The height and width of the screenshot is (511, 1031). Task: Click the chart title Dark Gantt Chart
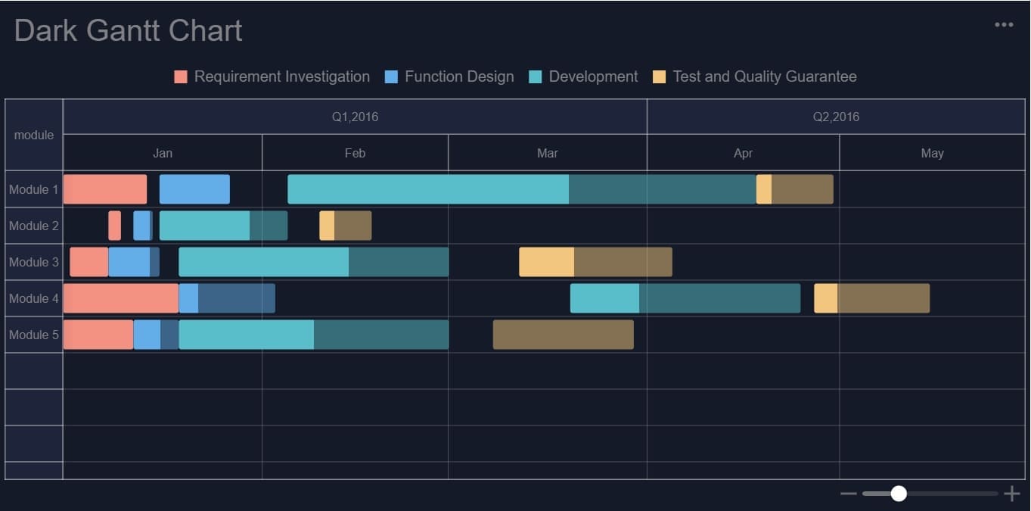tap(128, 31)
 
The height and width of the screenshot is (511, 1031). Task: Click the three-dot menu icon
tap(1004, 25)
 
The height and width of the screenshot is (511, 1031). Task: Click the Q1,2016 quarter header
tap(355, 117)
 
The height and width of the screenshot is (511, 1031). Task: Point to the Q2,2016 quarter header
tap(836, 117)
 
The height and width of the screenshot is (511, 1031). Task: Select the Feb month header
tap(355, 153)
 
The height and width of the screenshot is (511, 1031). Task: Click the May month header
tap(932, 153)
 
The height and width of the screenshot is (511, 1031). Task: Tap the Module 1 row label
tap(33, 189)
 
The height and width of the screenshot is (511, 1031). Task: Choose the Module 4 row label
tap(33, 298)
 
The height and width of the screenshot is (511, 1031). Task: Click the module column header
tap(33, 135)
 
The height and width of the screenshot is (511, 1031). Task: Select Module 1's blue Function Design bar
tap(194, 189)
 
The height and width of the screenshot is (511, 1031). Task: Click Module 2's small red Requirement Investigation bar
tap(114, 226)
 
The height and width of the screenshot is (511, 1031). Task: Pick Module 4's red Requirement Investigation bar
tap(121, 298)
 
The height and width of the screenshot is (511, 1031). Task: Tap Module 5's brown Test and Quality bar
tap(563, 335)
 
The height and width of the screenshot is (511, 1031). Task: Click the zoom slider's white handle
tap(899, 494)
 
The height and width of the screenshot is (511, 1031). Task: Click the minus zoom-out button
tap(848, 494)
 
